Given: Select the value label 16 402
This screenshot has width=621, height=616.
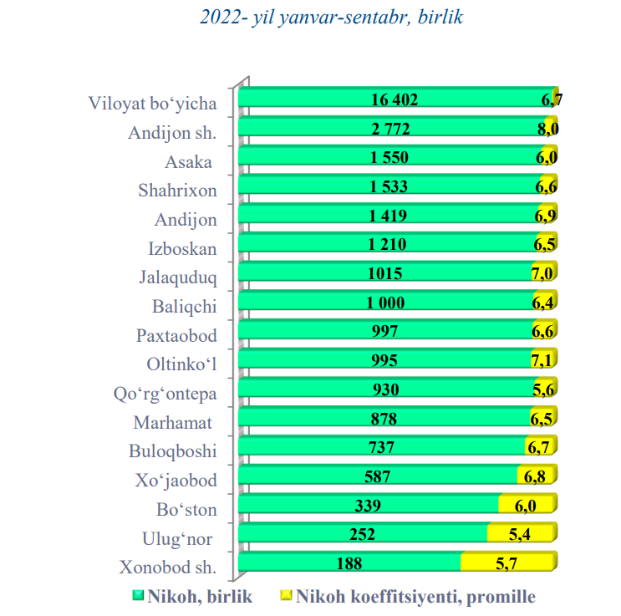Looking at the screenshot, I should (x=394, y=100).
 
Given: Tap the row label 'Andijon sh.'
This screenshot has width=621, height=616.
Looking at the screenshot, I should (x=173, y=133).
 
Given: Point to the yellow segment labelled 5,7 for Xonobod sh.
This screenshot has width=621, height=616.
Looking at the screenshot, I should (x=507, y=563).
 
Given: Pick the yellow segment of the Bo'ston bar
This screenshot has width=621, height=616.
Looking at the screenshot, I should (x=527, y=506).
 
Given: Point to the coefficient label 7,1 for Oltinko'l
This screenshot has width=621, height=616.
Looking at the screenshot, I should (x=543, y=361).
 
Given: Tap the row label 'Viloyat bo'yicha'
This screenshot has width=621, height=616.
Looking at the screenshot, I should (x=153, y=104).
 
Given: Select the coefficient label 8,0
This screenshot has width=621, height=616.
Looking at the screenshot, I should (x=547, y=129).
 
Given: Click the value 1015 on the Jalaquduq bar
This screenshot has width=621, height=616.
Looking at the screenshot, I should (x=385, y=273).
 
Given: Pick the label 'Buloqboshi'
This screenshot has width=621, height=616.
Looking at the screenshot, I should (x=173, y=451).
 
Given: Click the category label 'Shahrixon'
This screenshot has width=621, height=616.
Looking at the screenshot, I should (x=177, y=191).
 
